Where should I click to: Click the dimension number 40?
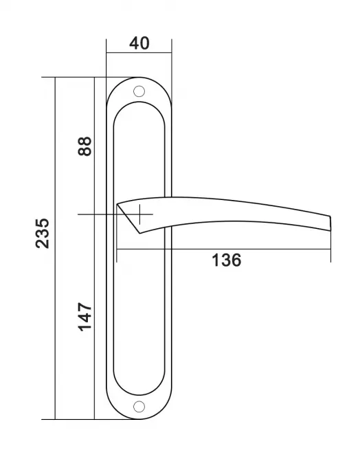[139, 43]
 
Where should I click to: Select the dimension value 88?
[85, 146]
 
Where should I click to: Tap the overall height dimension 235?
[43, 233]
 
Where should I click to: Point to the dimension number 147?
[85, 317]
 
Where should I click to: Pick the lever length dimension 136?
[226, 260]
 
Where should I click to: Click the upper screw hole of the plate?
[139, 91]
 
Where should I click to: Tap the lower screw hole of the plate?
[139, 407]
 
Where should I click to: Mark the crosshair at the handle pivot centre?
[139, 214]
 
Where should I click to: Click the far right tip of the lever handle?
[330, 223]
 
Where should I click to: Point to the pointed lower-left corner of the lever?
[139, 234]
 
